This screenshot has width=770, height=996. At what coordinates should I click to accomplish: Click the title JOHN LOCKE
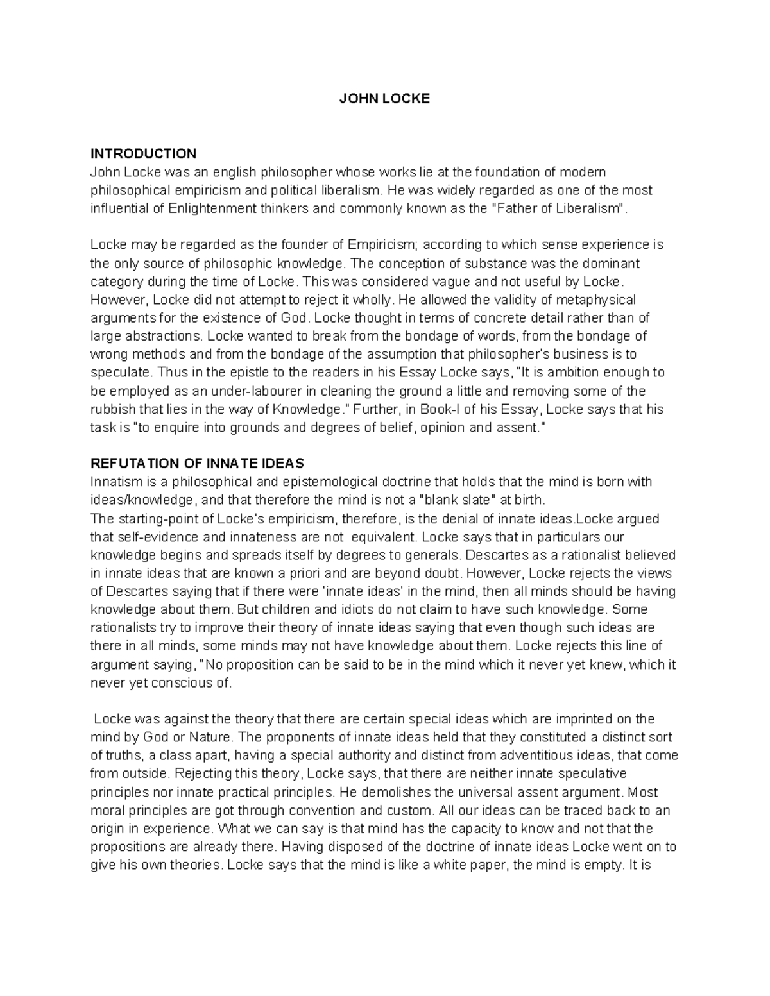tap(384, 99)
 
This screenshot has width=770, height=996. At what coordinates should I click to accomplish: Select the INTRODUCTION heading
tap(143, 154)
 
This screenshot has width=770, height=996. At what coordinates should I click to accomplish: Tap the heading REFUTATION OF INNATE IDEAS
tap(197, 463)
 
